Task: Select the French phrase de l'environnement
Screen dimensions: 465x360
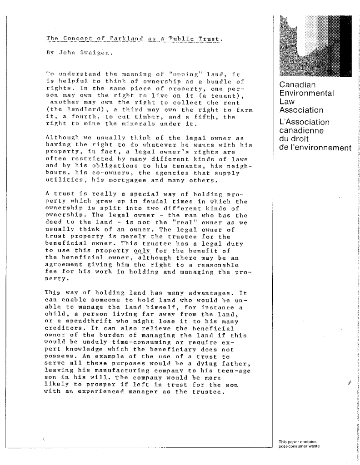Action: coord(315,148)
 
